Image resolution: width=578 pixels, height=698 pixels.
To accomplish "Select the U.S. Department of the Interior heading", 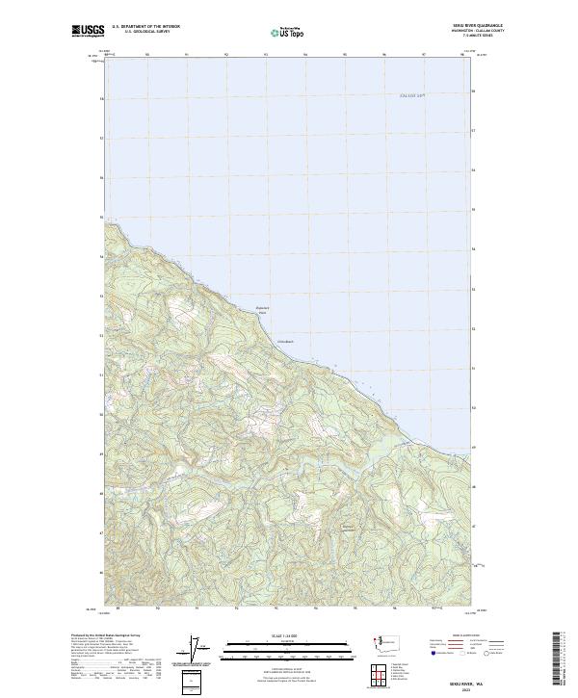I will click(145, 27).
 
